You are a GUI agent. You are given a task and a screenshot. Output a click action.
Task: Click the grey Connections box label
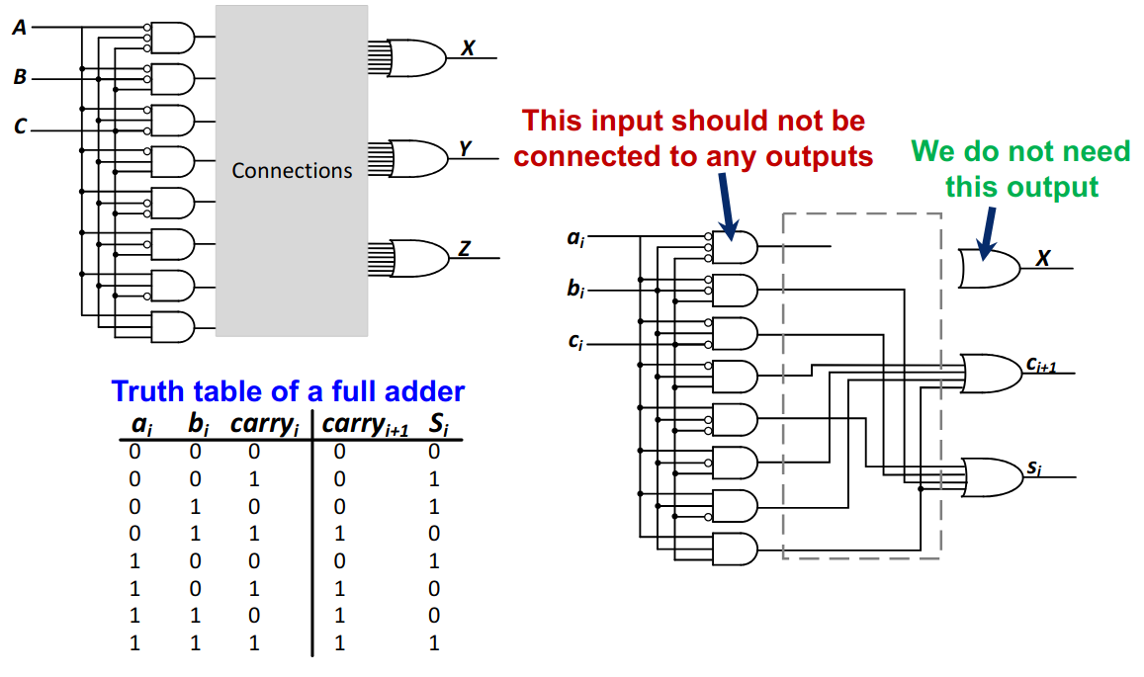tap(292, 171)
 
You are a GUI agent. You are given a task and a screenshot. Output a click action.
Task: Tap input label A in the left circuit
tap(19, 28)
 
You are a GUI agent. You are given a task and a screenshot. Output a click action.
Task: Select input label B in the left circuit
tap(19, 77)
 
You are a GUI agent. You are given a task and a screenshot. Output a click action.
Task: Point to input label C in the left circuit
tap(19, 126)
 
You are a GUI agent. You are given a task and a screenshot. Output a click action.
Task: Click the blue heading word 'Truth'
tap(150, 391)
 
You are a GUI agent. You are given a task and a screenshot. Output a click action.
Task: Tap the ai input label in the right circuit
tap(574, 238)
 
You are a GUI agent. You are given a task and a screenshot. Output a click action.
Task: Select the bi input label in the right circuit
tap(574, 290)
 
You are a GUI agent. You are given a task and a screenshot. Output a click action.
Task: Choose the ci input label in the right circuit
tap(574, 343)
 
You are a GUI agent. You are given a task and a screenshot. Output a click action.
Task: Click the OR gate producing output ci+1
tap(991, 372)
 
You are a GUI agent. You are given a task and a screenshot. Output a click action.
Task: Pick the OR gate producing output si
tap(991, 476)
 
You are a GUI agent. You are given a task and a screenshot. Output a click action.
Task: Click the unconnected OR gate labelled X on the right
tap(989, 268)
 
